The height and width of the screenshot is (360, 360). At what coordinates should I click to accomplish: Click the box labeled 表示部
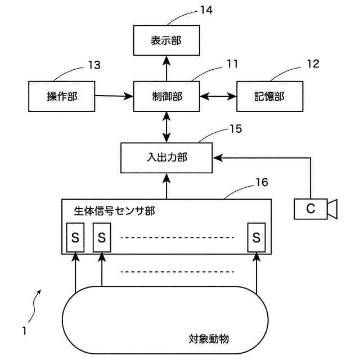click(x=166, y=40)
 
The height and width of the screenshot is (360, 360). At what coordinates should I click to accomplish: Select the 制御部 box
click(x=166, y=96)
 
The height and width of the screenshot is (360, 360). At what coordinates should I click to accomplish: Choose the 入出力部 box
click(x=166, y=157)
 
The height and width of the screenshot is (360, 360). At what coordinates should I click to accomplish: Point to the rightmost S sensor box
click(x=257, y=237)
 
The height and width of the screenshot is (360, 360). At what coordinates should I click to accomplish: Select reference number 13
click(x=94, y=65)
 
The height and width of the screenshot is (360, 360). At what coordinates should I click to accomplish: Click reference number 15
click(x=235, y=129)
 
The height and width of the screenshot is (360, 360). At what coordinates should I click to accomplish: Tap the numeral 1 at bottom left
click(x=24, y=331)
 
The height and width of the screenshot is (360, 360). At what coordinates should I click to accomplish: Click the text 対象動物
click(x=209, y=339)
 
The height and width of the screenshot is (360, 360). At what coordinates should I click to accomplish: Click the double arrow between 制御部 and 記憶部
click(x=219, y=96)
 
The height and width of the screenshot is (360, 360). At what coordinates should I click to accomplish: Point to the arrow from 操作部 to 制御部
click(x=114, y=96)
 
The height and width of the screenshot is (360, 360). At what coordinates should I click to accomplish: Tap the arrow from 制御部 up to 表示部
click(x=166, y=67)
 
